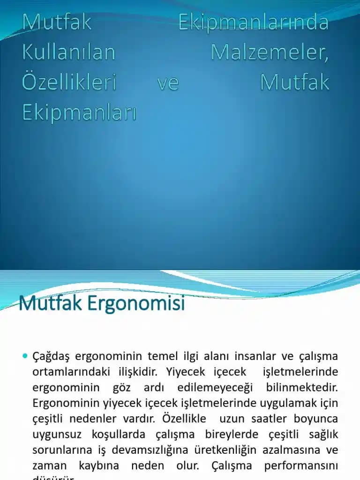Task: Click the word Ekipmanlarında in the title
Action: point(253,22)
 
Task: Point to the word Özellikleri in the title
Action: point(69,82)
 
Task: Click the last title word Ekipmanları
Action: point(79,112)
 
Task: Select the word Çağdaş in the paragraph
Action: point(51,357)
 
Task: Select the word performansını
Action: point(301,465)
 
